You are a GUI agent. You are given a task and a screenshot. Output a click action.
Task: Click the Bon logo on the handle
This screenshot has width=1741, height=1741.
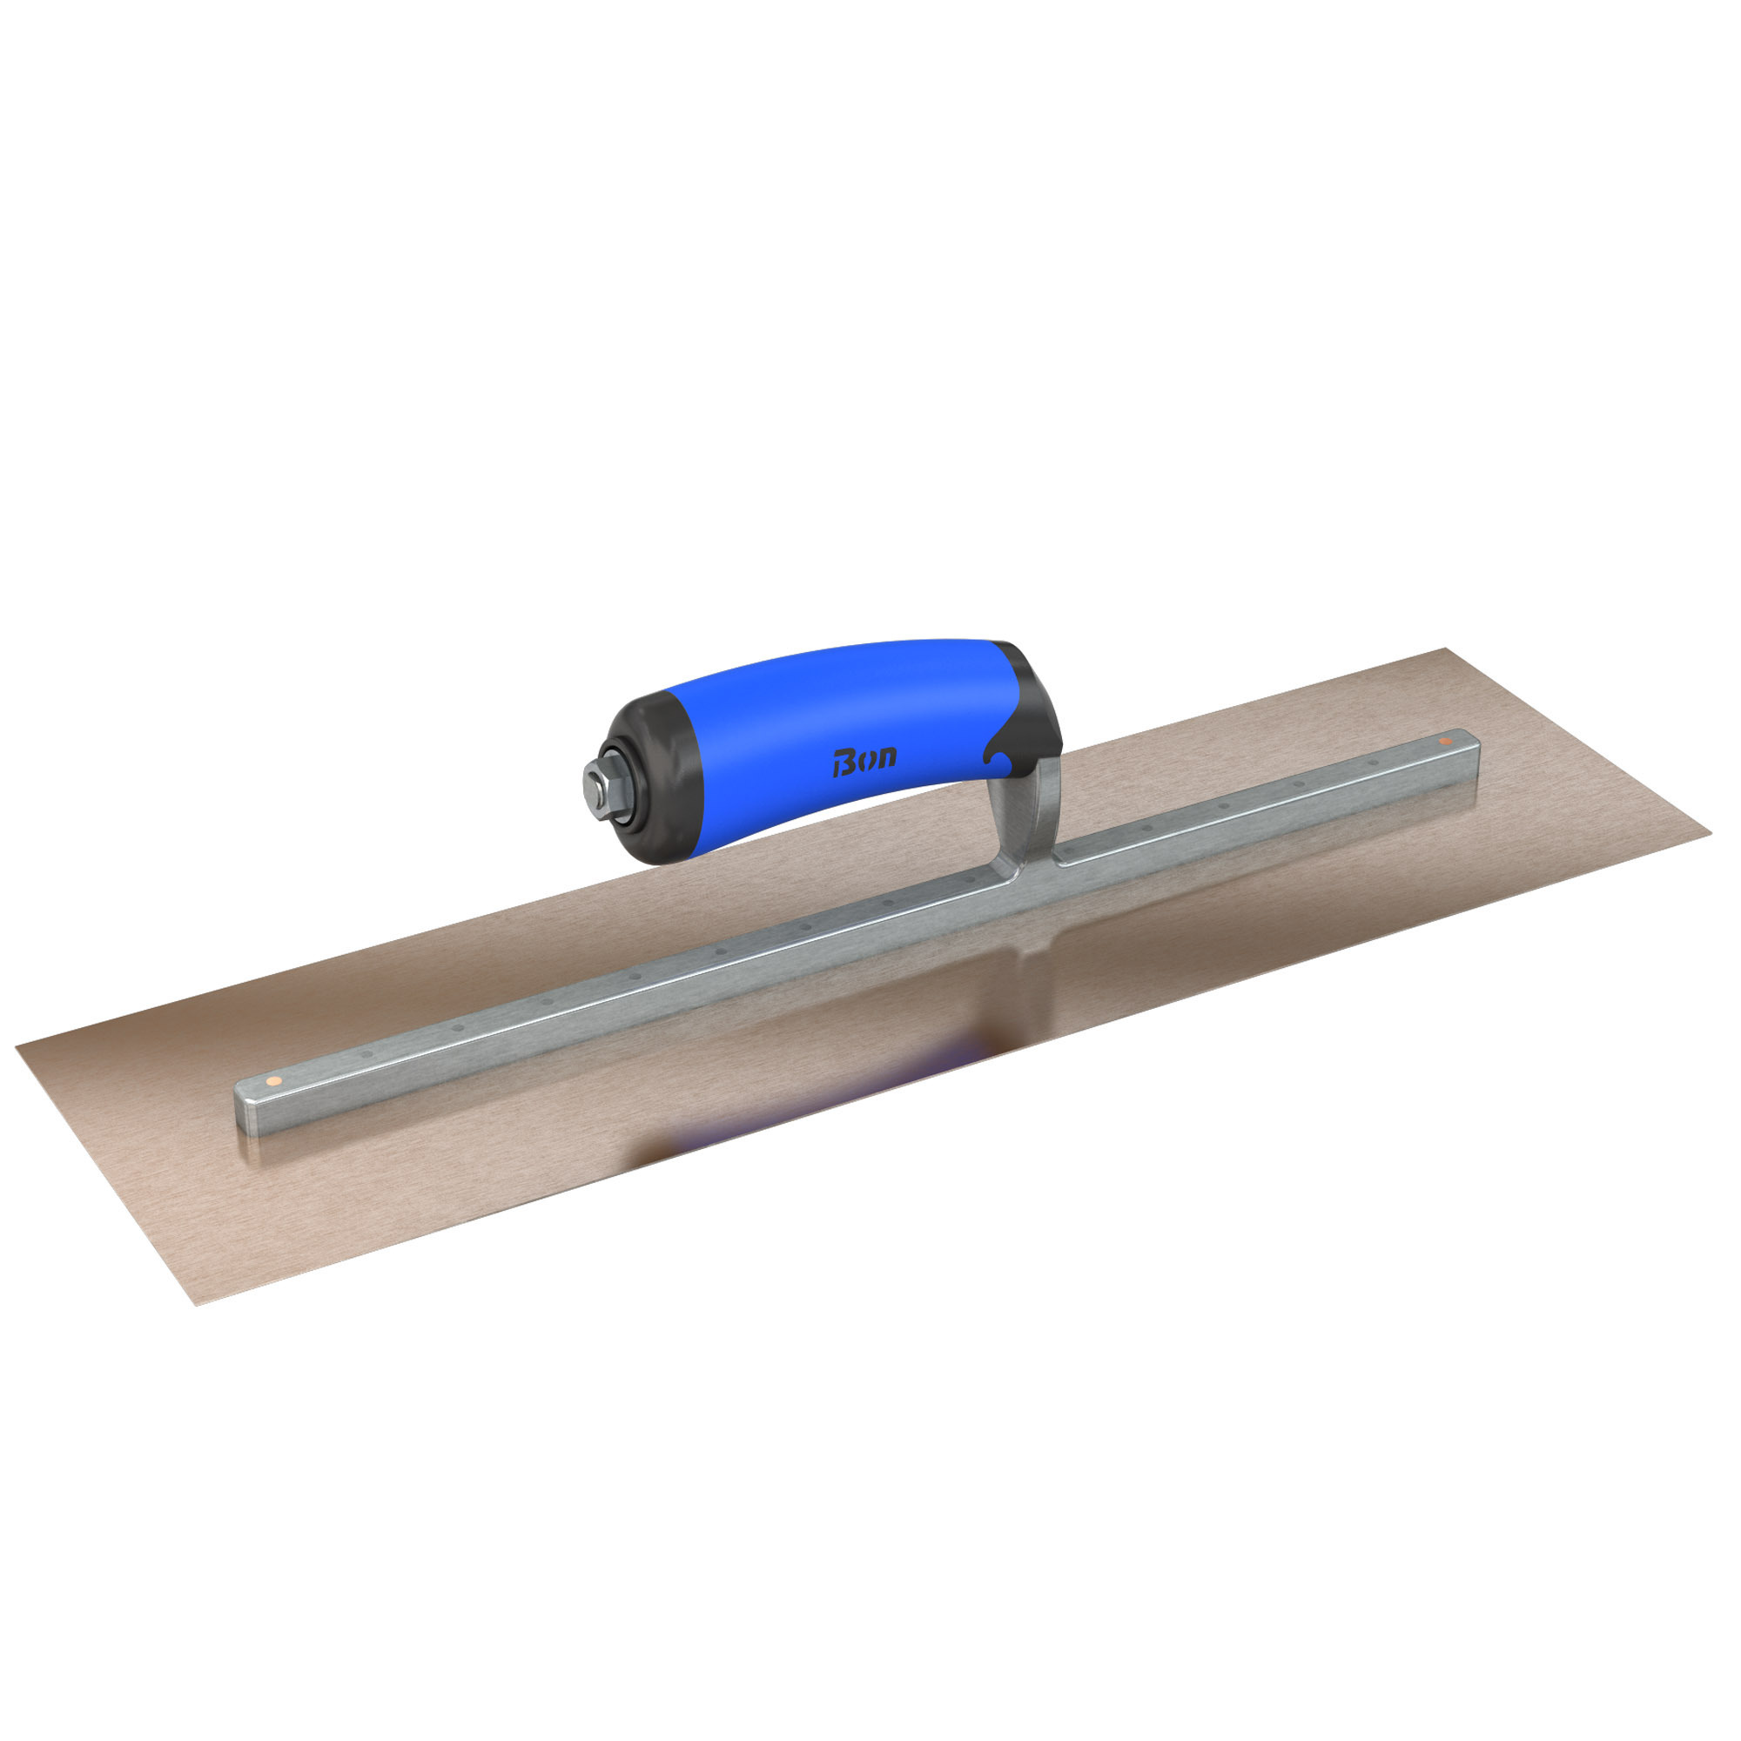pyautogui.click(x=864, y=761)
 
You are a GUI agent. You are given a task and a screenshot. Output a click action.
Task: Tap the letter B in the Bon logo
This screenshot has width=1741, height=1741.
pyautogui.click(x=842, y=763)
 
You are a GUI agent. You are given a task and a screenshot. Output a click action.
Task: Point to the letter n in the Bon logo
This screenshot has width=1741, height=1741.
pyautogui.click(x=887, y=757)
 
